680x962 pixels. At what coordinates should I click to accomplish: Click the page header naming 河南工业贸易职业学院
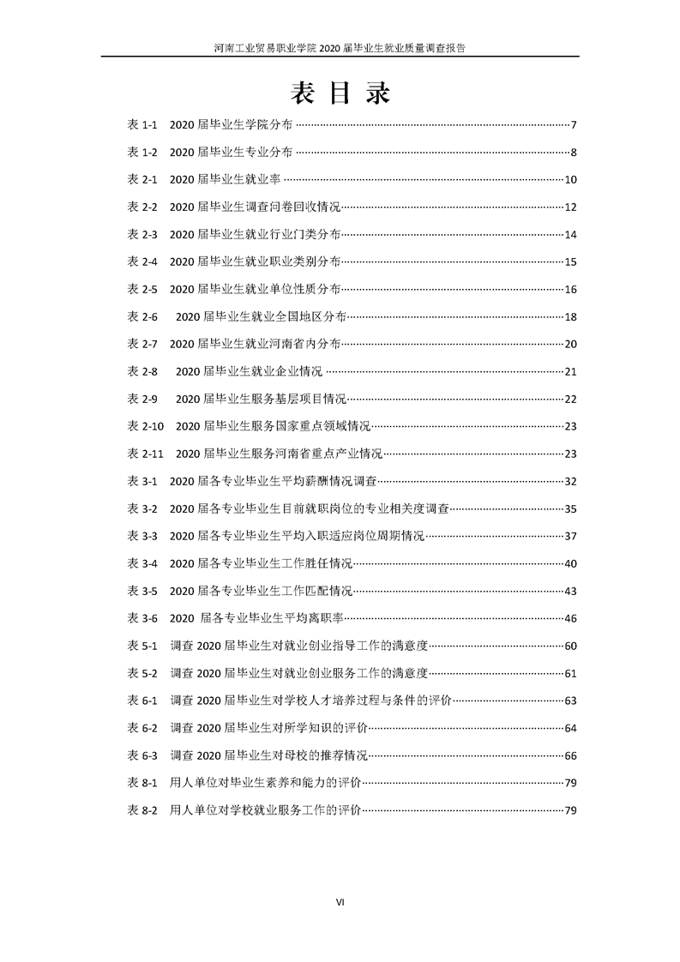(340, 49)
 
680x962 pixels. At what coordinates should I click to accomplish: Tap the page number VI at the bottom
(340, 902)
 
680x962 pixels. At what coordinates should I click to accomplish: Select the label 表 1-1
(141, 125)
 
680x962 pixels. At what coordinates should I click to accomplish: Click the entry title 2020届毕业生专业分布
(231, 153)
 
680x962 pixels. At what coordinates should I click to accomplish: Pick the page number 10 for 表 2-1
(570, 180)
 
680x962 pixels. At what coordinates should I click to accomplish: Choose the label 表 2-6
(141, 316)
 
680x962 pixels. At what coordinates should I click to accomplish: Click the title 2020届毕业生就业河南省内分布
(255, 344)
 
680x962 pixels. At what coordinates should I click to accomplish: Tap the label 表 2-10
(145, 426)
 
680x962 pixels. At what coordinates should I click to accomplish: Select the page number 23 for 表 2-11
(570, 454)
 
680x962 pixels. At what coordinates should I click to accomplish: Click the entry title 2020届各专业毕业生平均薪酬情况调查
(273, 481)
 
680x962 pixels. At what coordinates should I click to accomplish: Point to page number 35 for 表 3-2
(570, 508)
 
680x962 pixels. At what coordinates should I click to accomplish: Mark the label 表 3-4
(141, 563)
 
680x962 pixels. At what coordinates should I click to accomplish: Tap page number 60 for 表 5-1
(570, 646)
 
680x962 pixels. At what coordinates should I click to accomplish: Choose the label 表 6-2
(141, 728)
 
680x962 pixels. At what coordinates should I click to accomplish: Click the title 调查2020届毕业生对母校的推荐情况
(268, 755)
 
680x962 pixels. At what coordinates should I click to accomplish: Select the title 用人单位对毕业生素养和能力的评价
(266, 783)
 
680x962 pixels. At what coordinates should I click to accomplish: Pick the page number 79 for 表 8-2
(570, 810)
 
